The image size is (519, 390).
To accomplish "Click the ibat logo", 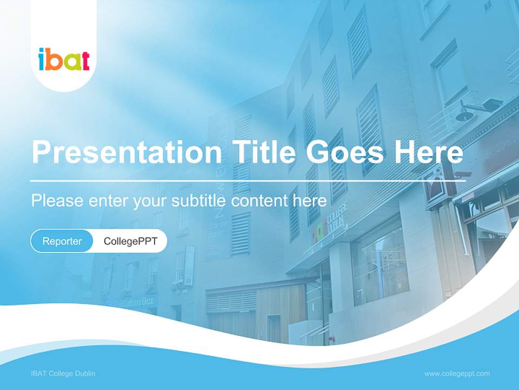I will pos(64,59).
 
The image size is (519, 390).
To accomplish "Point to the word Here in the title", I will pos(428,153).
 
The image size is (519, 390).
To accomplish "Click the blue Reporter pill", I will pos(62,241).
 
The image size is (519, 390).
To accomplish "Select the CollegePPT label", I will pos(130,241).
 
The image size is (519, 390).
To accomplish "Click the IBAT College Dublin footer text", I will pos(63,374).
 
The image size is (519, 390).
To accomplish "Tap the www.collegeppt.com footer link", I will pos(457,374).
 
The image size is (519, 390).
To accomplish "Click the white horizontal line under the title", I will pos(248,180).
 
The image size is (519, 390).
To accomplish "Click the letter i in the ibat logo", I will pos(42,59).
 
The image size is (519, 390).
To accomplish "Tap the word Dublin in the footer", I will pos(85,374).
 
